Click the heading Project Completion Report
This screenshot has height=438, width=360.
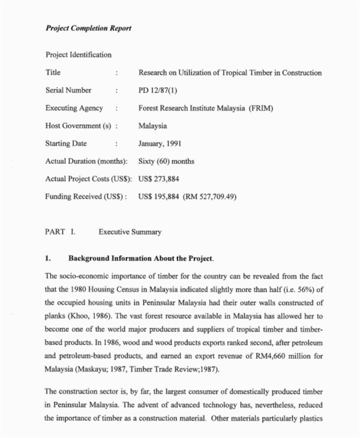(88, 28)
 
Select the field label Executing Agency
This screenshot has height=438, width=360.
(74, 109)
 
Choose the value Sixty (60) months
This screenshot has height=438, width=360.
(166, 161)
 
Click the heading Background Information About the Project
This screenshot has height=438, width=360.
(140, 259)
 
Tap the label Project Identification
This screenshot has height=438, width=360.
(79, 55)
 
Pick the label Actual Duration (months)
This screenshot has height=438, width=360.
(86, 161)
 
